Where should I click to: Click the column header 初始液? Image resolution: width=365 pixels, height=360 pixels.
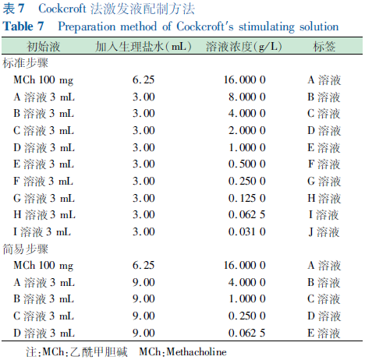[x=44, y=47]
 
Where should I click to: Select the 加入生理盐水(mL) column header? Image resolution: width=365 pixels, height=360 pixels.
[x=144, y=47]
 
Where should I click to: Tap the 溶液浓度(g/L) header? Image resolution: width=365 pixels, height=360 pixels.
[x=244, y=47]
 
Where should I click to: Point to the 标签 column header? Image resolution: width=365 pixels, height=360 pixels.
[x=324, y=47]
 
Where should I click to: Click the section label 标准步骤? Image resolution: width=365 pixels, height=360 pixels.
[x=26, y=63]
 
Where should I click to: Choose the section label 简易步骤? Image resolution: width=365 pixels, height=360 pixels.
[x=26, y=249]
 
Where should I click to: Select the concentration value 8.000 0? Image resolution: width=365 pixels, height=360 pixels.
[x=247, y=97]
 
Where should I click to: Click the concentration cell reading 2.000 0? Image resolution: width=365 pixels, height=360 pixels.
[x=247, y=130]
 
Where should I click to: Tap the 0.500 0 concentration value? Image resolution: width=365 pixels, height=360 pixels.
[x=247, y=164]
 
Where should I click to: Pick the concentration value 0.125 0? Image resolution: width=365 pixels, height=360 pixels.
[x=247, y=198]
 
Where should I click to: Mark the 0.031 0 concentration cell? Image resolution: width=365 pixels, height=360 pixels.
[x=247, y=231]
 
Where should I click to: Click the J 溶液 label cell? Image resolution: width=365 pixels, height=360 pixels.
[x=324, y=232]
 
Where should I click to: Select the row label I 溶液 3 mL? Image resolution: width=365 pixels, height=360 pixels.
[x=42, y=232]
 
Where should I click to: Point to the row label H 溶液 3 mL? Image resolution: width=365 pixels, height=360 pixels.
[x=44, y=215]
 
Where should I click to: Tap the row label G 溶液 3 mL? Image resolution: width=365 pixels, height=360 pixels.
[x=44, y=199]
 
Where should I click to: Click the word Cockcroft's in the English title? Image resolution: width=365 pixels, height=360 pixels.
[x=205, y=26]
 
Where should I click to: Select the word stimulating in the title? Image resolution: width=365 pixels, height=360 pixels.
[x=267, y=27]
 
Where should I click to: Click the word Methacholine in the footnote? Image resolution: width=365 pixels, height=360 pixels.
[x=197, y=352]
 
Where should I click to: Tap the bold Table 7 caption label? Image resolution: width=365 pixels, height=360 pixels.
[x=23, y=26]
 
